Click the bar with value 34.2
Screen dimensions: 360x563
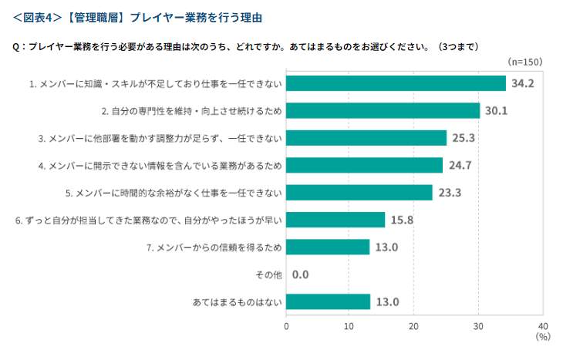click(x=396, y=83)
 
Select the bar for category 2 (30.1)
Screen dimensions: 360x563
click(x=383, y=110)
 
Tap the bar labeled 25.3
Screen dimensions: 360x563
click(x=366, y=138)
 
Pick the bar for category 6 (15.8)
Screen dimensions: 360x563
click(x=335, y=220)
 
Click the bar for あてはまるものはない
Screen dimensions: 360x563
click(x=328, y=301)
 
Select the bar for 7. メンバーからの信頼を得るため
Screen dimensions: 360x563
click(x=328, y=247)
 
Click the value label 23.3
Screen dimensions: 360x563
click(x=450, y=193)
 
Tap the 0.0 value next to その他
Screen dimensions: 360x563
click(x=301, y=274)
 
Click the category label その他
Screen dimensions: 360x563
click(x=267, y=274)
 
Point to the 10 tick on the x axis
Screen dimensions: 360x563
click(x=350, y=325)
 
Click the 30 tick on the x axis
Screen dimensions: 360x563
click(x=478, y=325)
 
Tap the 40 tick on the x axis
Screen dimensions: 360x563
click(x=542, y=325)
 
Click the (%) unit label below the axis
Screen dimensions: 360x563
click(x=542, y=337)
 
